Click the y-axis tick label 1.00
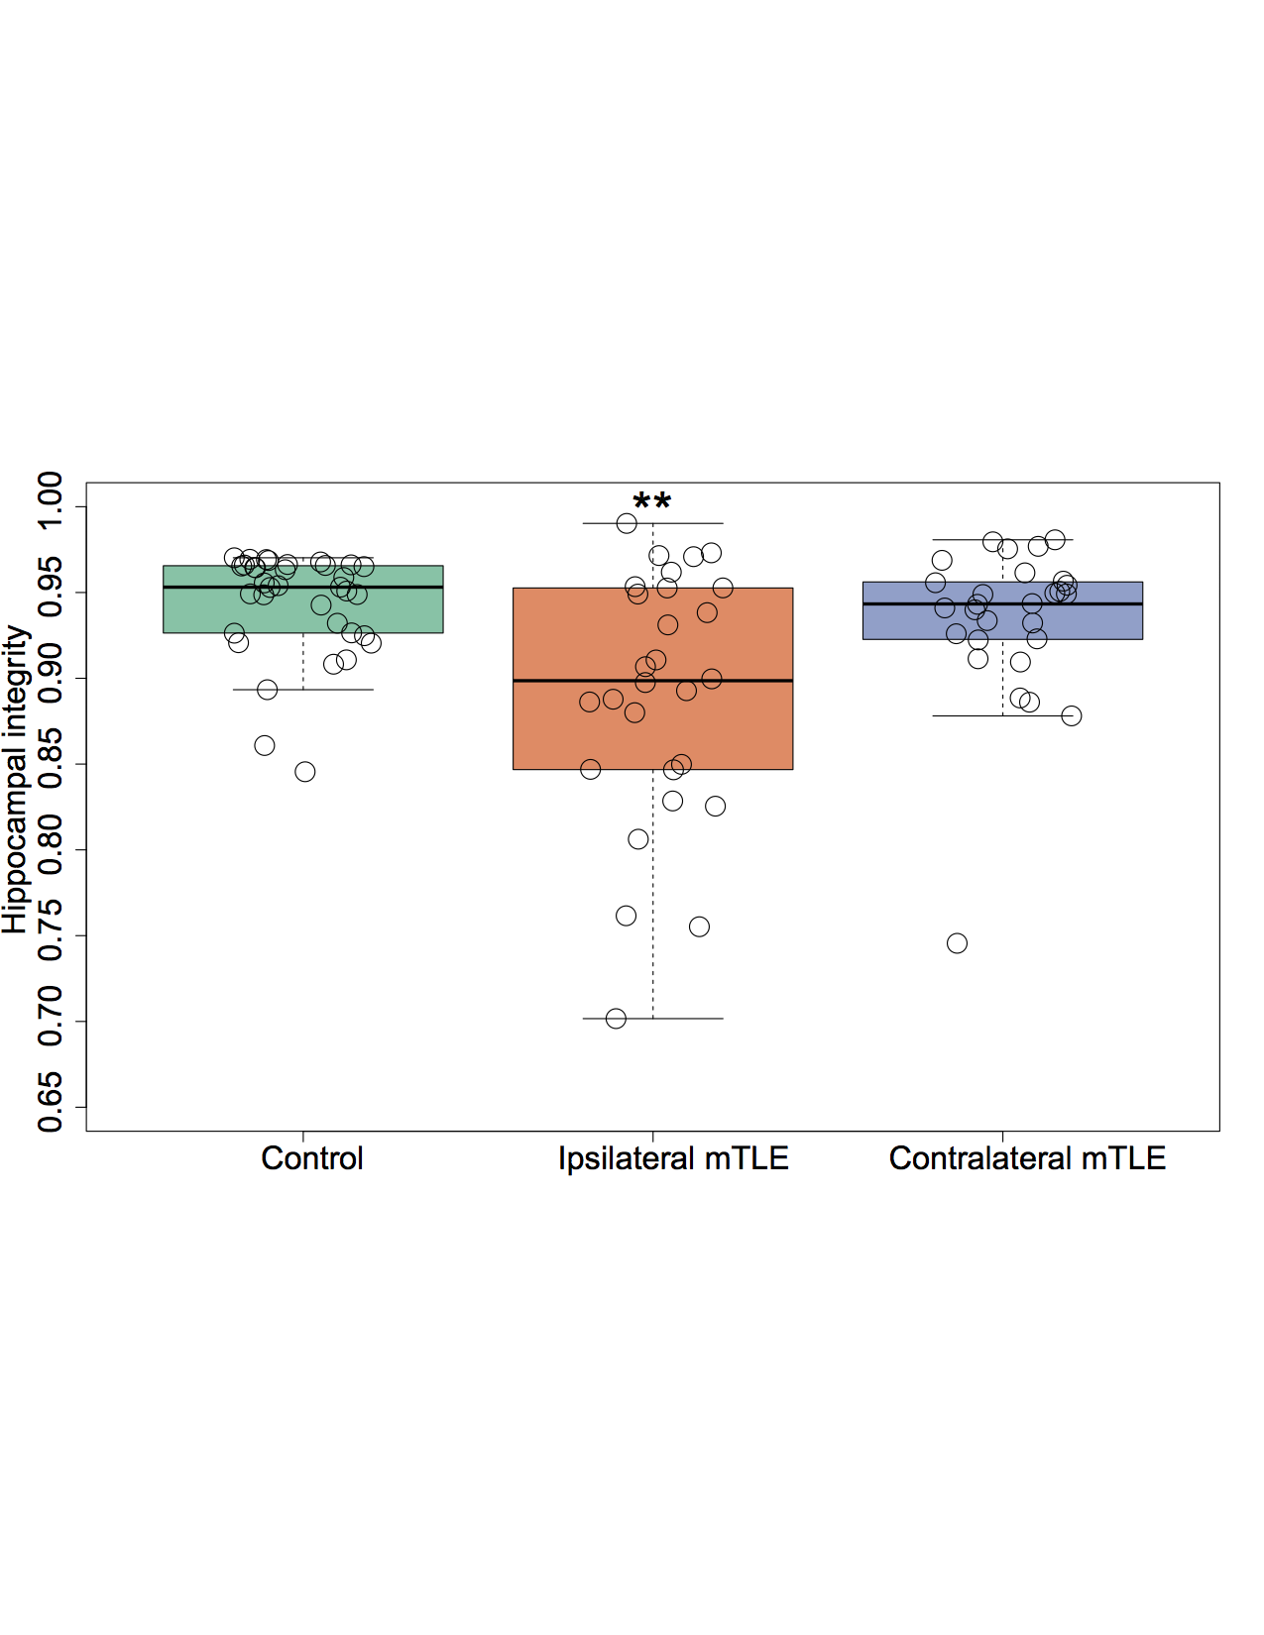click(x=50, y=507)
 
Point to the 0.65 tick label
click(x=50, y=1106)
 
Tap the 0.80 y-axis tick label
click(x=50, y=849)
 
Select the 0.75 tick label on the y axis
click(x=50, y=935)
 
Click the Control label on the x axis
click(x=312, y=1158)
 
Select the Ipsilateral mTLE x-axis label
click(x=673, y=1158)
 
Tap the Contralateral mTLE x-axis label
click(x=1027, y=1158)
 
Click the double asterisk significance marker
click(x=652, y=502)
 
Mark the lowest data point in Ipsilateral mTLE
click(x=616, y=1019)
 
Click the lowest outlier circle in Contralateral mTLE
click(x=957, y=943)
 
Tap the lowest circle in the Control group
click(x=305, y=772)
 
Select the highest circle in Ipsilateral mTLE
click(x=627, y=523)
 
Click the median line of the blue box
click(x=892, y=603)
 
